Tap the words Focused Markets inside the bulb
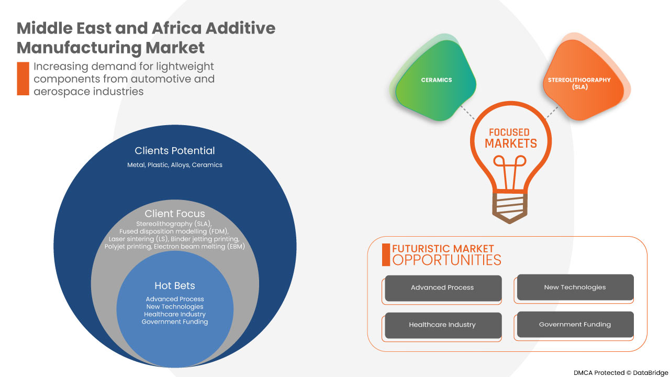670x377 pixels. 510,138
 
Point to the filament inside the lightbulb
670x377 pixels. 510,173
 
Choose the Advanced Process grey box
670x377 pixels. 443,288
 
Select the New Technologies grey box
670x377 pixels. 575,287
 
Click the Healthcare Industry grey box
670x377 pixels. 443,325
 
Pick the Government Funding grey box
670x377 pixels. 575,325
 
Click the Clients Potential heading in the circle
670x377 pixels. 175,151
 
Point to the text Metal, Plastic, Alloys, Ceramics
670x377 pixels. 175,165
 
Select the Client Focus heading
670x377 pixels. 175,214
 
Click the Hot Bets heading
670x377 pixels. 175,285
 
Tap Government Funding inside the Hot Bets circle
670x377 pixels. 175,321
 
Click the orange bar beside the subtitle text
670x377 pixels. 23,79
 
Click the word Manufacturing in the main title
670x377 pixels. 79,48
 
